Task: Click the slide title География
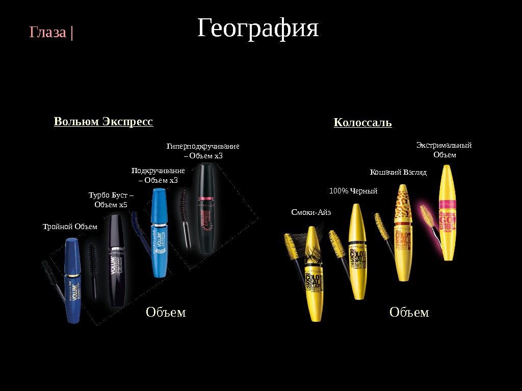click(258, 29)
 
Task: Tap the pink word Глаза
click(48, 33)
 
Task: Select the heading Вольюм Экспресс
click(103, 122)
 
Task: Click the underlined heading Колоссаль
click(362, 123)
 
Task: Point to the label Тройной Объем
click(70, 227)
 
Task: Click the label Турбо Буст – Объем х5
click(111, 200)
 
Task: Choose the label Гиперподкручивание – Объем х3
click(203, 151)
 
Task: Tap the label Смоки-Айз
click(311, 212)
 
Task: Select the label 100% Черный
click(353, 191)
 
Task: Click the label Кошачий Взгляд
click(398, 173)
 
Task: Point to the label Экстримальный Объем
click(444, 150)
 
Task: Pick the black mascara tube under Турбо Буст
click(116, 260)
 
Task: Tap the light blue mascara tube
click(160, 232)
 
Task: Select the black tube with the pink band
click(207, 208)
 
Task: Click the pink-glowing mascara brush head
click(426, 215)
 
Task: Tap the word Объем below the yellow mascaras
click(409, 312)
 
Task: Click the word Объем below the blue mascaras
click(166, 312)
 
